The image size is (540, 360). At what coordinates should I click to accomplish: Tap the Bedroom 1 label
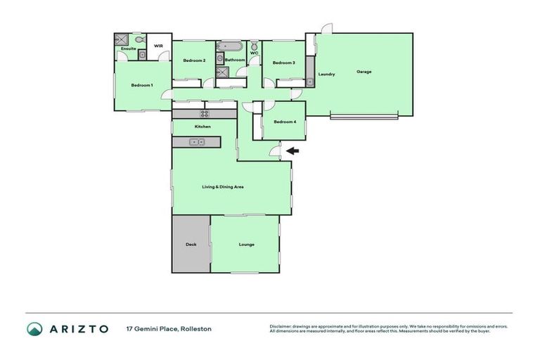(141, 85)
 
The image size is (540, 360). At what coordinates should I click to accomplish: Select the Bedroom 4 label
(283, 122)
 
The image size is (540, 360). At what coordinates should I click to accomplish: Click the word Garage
(364, 72)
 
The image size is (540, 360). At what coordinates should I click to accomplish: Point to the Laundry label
(326, 74)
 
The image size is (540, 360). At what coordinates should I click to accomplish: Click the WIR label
(158, 46)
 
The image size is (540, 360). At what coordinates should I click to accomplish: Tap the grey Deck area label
(191, 245)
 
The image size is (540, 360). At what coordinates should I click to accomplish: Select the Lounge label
(246, 245)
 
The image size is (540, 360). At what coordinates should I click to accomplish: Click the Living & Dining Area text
(223, 186)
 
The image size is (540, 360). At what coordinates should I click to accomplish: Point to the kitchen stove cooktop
(205, 113)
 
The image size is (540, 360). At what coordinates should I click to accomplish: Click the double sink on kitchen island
(197, 142)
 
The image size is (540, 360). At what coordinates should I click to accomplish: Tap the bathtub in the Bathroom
(230, 47)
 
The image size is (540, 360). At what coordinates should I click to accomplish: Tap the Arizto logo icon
(34, 328)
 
